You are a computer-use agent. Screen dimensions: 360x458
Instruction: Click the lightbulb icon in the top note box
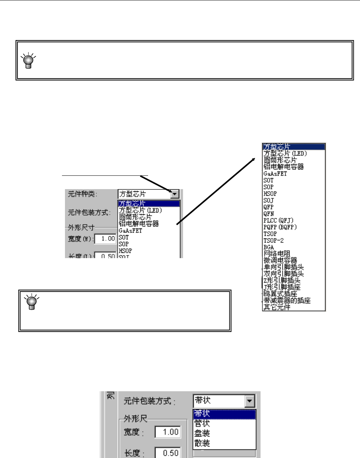28,61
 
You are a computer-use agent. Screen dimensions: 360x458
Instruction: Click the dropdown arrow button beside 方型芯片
174,194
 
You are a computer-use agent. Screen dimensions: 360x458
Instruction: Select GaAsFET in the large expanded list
275,174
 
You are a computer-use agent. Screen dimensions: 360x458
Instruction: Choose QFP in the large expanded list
268,207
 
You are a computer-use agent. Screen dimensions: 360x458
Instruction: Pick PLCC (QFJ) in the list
278,220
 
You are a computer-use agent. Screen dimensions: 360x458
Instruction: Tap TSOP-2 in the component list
273,240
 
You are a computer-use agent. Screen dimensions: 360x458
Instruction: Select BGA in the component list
269,247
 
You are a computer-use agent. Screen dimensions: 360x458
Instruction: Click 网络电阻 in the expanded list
276,254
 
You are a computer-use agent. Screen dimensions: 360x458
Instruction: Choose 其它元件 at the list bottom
276,307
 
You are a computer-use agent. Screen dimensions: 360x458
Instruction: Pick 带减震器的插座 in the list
287,300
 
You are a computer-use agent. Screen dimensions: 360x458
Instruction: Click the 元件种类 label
82,194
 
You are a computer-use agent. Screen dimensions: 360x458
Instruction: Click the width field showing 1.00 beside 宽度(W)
105,238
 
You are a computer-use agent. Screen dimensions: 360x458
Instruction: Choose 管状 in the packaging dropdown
202,423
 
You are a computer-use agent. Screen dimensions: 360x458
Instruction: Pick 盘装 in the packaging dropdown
202,433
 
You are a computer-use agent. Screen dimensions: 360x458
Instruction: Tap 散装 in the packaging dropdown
202,443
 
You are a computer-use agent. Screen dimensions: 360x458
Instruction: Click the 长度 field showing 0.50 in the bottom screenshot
168,453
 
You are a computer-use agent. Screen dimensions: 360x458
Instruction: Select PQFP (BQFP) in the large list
280,227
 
